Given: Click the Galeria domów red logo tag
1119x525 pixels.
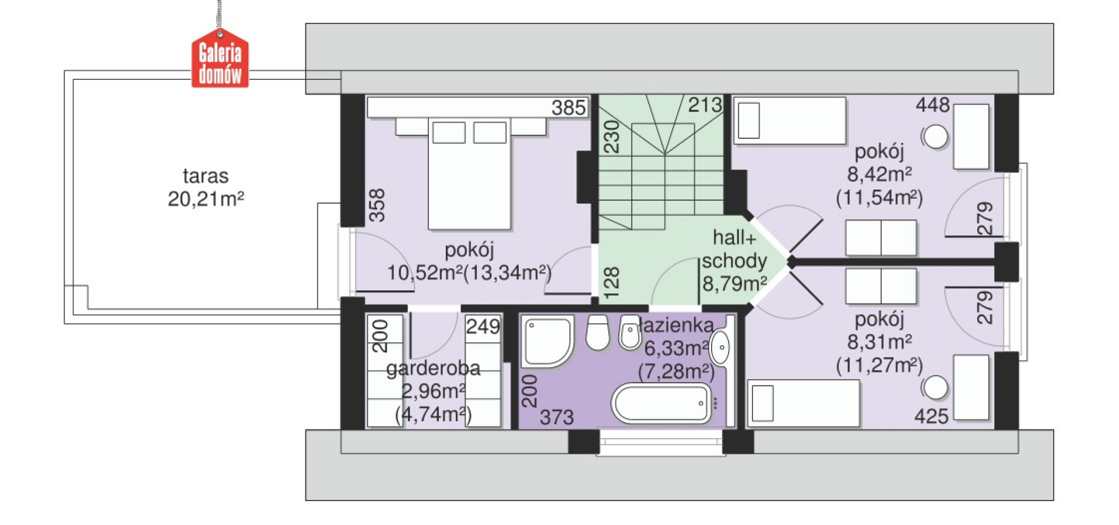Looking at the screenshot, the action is [220, 58].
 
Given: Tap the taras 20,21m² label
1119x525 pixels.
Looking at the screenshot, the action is [206, 187].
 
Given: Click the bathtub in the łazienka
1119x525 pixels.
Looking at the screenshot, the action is [661, 402].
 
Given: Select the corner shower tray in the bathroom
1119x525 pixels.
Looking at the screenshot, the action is [547, 342].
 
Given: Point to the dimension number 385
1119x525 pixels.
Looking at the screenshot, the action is [568, 108].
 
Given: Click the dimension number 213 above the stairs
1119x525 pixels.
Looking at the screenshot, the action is [705, 105].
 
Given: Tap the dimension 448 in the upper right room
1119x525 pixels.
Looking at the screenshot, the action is [932, 105].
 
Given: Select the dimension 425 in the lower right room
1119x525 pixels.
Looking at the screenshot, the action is [931, 416].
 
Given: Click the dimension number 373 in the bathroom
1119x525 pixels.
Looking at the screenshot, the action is [557, 417].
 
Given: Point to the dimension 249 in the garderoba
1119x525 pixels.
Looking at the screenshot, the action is [483, 326].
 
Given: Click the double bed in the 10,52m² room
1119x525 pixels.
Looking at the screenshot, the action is [470, 173].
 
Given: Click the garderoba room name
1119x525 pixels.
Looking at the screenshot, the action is [433, 368].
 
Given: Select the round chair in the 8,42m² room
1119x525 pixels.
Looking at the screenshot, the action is [935, 137].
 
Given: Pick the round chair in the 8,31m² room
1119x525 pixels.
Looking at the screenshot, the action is [935, 388].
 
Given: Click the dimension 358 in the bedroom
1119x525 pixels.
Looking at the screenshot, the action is [377, 205].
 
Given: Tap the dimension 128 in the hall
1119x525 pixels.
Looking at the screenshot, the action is [611, 283].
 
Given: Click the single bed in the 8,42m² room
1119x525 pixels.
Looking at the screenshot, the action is [790, 121].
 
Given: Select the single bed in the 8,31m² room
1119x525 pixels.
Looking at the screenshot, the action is [804, 403].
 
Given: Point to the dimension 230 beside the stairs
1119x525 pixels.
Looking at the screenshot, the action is [611, 136].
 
